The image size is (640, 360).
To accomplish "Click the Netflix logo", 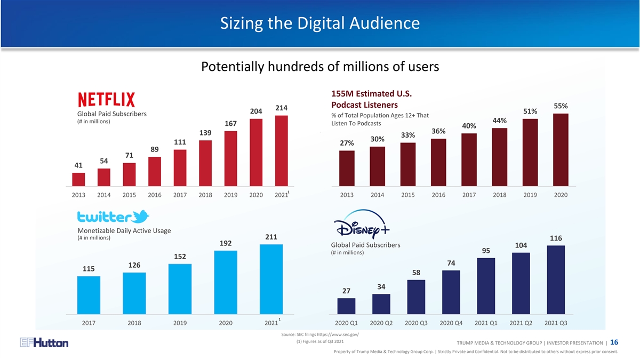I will click(106, 100).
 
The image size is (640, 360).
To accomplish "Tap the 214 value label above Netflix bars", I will click(282, 108).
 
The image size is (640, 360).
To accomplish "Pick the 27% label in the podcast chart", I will click(347, 143).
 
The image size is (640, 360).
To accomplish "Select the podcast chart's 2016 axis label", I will click(438, 195).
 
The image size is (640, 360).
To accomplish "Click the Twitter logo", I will click(113, 217).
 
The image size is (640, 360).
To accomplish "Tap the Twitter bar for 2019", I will click(180, 289).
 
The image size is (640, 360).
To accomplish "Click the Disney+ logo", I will click(364, 227).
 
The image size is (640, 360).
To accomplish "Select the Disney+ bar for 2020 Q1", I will click(346, 306).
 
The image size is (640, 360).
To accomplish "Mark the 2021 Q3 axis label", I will click(556, 323).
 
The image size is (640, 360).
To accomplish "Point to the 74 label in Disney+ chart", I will click(451, 263).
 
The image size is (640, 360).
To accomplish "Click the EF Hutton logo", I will click(44, 343).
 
